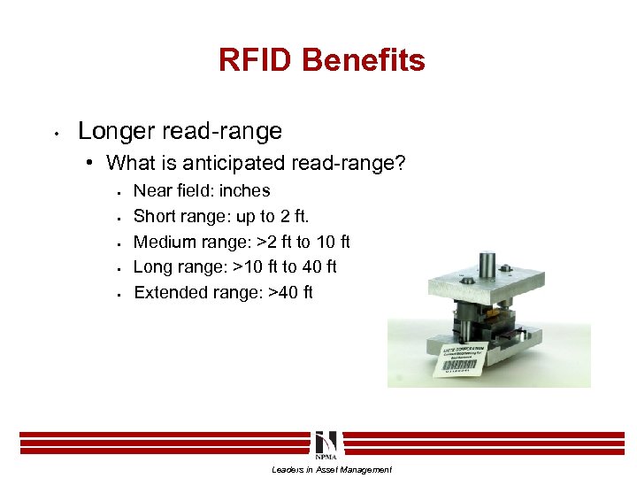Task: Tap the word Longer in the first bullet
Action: [114, 132]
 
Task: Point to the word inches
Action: [245, 191]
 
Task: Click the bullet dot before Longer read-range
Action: [56, 134]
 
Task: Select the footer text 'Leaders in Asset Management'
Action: [331, 470]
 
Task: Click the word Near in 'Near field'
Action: [153, 191]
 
